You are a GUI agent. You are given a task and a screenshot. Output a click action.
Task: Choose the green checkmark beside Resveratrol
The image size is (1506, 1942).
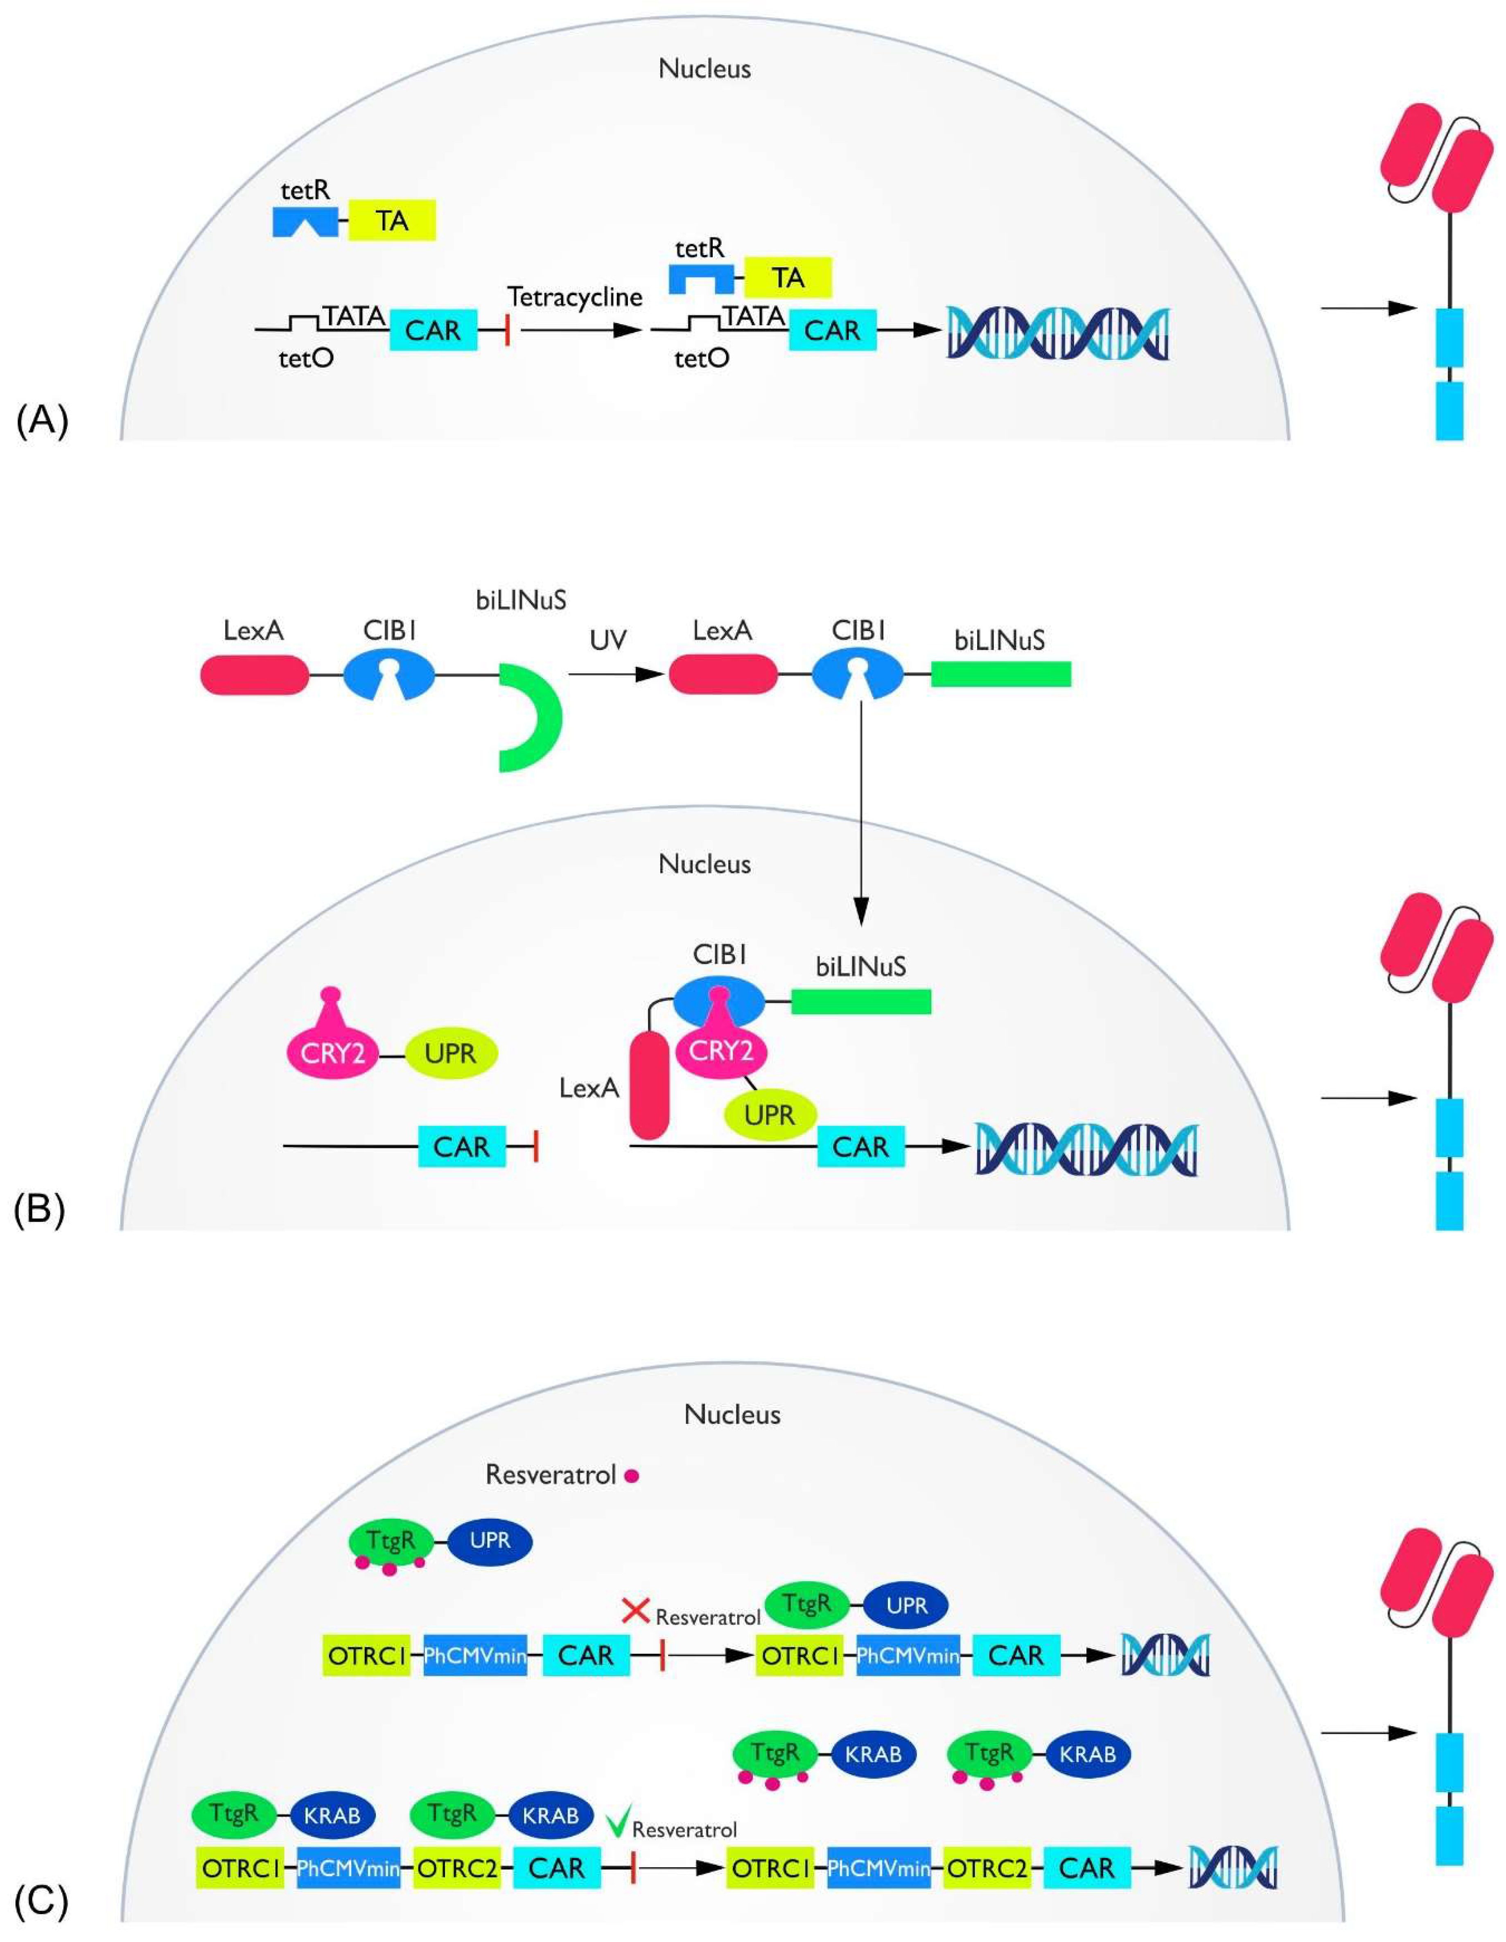pyautogui.click(x=619, y=1821)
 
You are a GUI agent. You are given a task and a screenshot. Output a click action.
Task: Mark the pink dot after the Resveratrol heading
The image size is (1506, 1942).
pyautogui.click(x=632, y=1476)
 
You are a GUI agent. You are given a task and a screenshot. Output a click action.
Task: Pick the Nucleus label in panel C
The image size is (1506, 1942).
pyautogui.click(x=732, y=1414)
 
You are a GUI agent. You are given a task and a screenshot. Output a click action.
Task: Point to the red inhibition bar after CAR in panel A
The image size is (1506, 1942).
pyautogui.click(x=507, y=331)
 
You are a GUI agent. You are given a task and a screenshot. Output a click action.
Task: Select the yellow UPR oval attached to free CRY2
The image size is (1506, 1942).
pyautogui.click(x=451, y=1054)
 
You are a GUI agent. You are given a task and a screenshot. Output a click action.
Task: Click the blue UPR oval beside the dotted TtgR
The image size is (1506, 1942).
pyautogui.click(x=490, y=1540)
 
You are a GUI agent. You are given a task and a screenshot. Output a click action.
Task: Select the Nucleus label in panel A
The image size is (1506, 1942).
pyautogui.click(x=704, y=68)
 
